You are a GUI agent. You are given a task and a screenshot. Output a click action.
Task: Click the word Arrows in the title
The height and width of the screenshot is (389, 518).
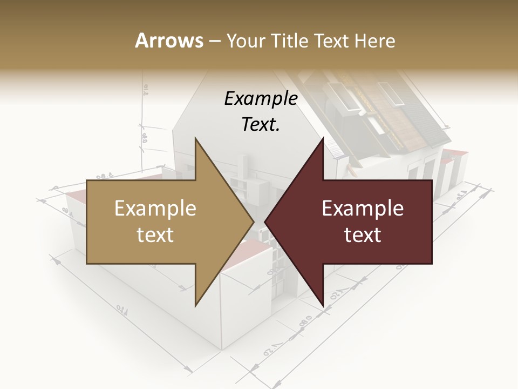(x=169, y=41)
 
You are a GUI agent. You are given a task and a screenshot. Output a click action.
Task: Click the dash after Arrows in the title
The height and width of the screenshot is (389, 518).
(x=214, y=41)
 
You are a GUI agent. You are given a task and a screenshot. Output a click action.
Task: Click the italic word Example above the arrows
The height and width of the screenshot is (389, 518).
(x=261, y=99)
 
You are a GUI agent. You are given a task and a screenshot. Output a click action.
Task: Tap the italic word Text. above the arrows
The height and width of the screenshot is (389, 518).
(x=261, y=124)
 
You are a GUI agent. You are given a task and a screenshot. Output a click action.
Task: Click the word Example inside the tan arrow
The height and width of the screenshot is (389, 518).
(x=155, y=209)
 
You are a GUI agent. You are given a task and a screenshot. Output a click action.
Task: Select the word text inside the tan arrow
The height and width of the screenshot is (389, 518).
(x=155, y=235)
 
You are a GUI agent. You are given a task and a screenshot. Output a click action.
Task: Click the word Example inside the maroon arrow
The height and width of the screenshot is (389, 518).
(x=363, y=209)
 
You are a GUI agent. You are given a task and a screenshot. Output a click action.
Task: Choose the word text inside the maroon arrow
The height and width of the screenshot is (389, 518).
(x=363, y=235)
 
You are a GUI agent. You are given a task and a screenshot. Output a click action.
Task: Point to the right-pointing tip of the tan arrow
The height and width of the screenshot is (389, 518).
(x=254, y=222)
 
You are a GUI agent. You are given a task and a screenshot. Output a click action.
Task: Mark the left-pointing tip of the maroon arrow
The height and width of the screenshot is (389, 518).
(x=264, y=222)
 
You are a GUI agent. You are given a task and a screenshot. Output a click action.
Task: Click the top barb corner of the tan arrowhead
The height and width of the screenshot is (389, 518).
(x=195, y=138)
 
